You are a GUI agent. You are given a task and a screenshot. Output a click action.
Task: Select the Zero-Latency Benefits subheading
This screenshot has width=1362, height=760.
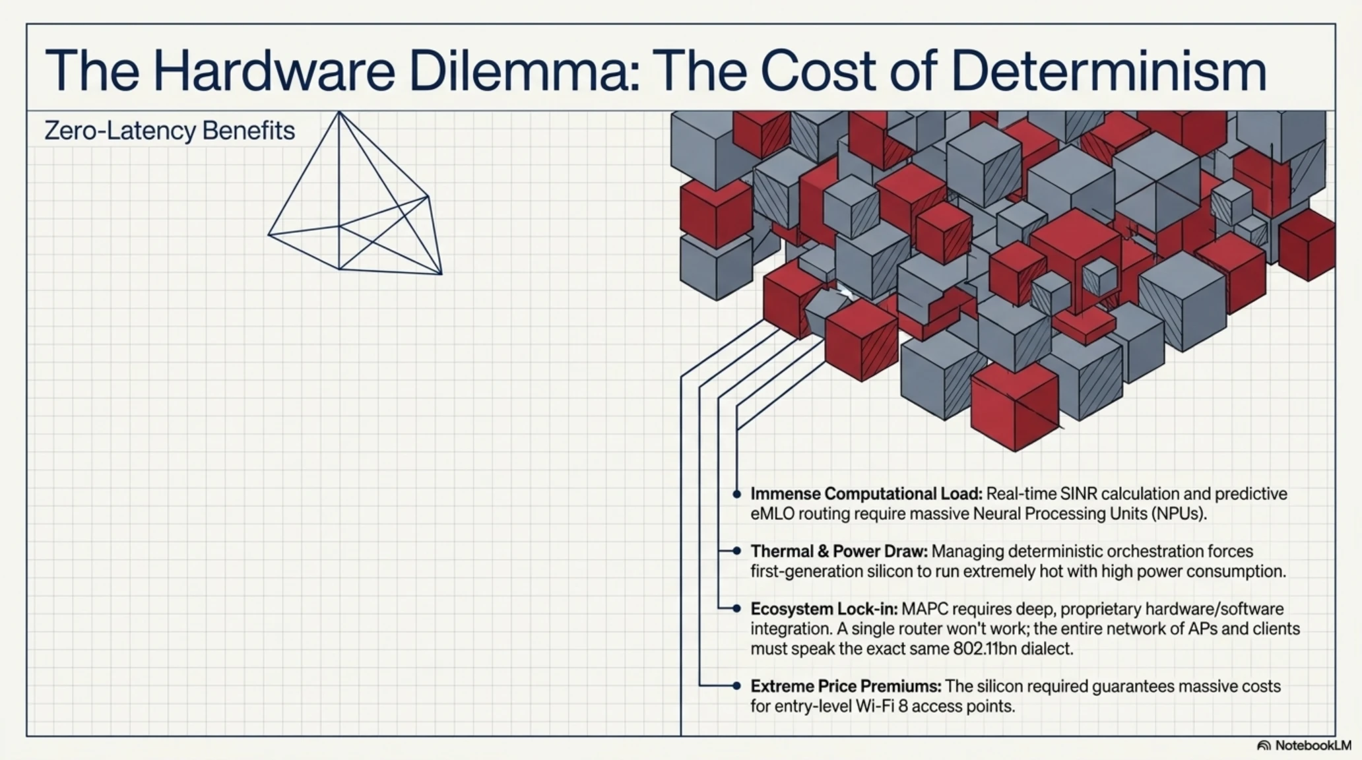pos(170,131)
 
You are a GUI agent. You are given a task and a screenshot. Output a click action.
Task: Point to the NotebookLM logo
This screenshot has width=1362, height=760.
pos(1304,745)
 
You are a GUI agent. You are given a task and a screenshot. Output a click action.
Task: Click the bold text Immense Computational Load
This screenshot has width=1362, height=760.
pos(866,493)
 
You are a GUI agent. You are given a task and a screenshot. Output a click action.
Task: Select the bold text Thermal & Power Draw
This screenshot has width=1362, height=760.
pos(839,551)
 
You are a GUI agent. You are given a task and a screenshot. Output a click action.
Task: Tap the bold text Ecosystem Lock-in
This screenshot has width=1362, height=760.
pos(824,608)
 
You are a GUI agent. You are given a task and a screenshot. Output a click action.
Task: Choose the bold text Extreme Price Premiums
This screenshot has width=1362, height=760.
pos(846,686)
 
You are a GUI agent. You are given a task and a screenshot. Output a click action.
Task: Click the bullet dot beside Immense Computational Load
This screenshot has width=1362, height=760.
pos(737,494)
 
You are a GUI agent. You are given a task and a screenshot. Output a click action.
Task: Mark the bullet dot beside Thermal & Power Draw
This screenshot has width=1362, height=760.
pos(737,551)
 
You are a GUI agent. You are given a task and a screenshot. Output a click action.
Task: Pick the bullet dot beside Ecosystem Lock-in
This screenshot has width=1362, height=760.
pos(737,608)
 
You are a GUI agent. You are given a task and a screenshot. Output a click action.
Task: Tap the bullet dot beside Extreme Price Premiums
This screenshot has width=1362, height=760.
pos(737,686)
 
